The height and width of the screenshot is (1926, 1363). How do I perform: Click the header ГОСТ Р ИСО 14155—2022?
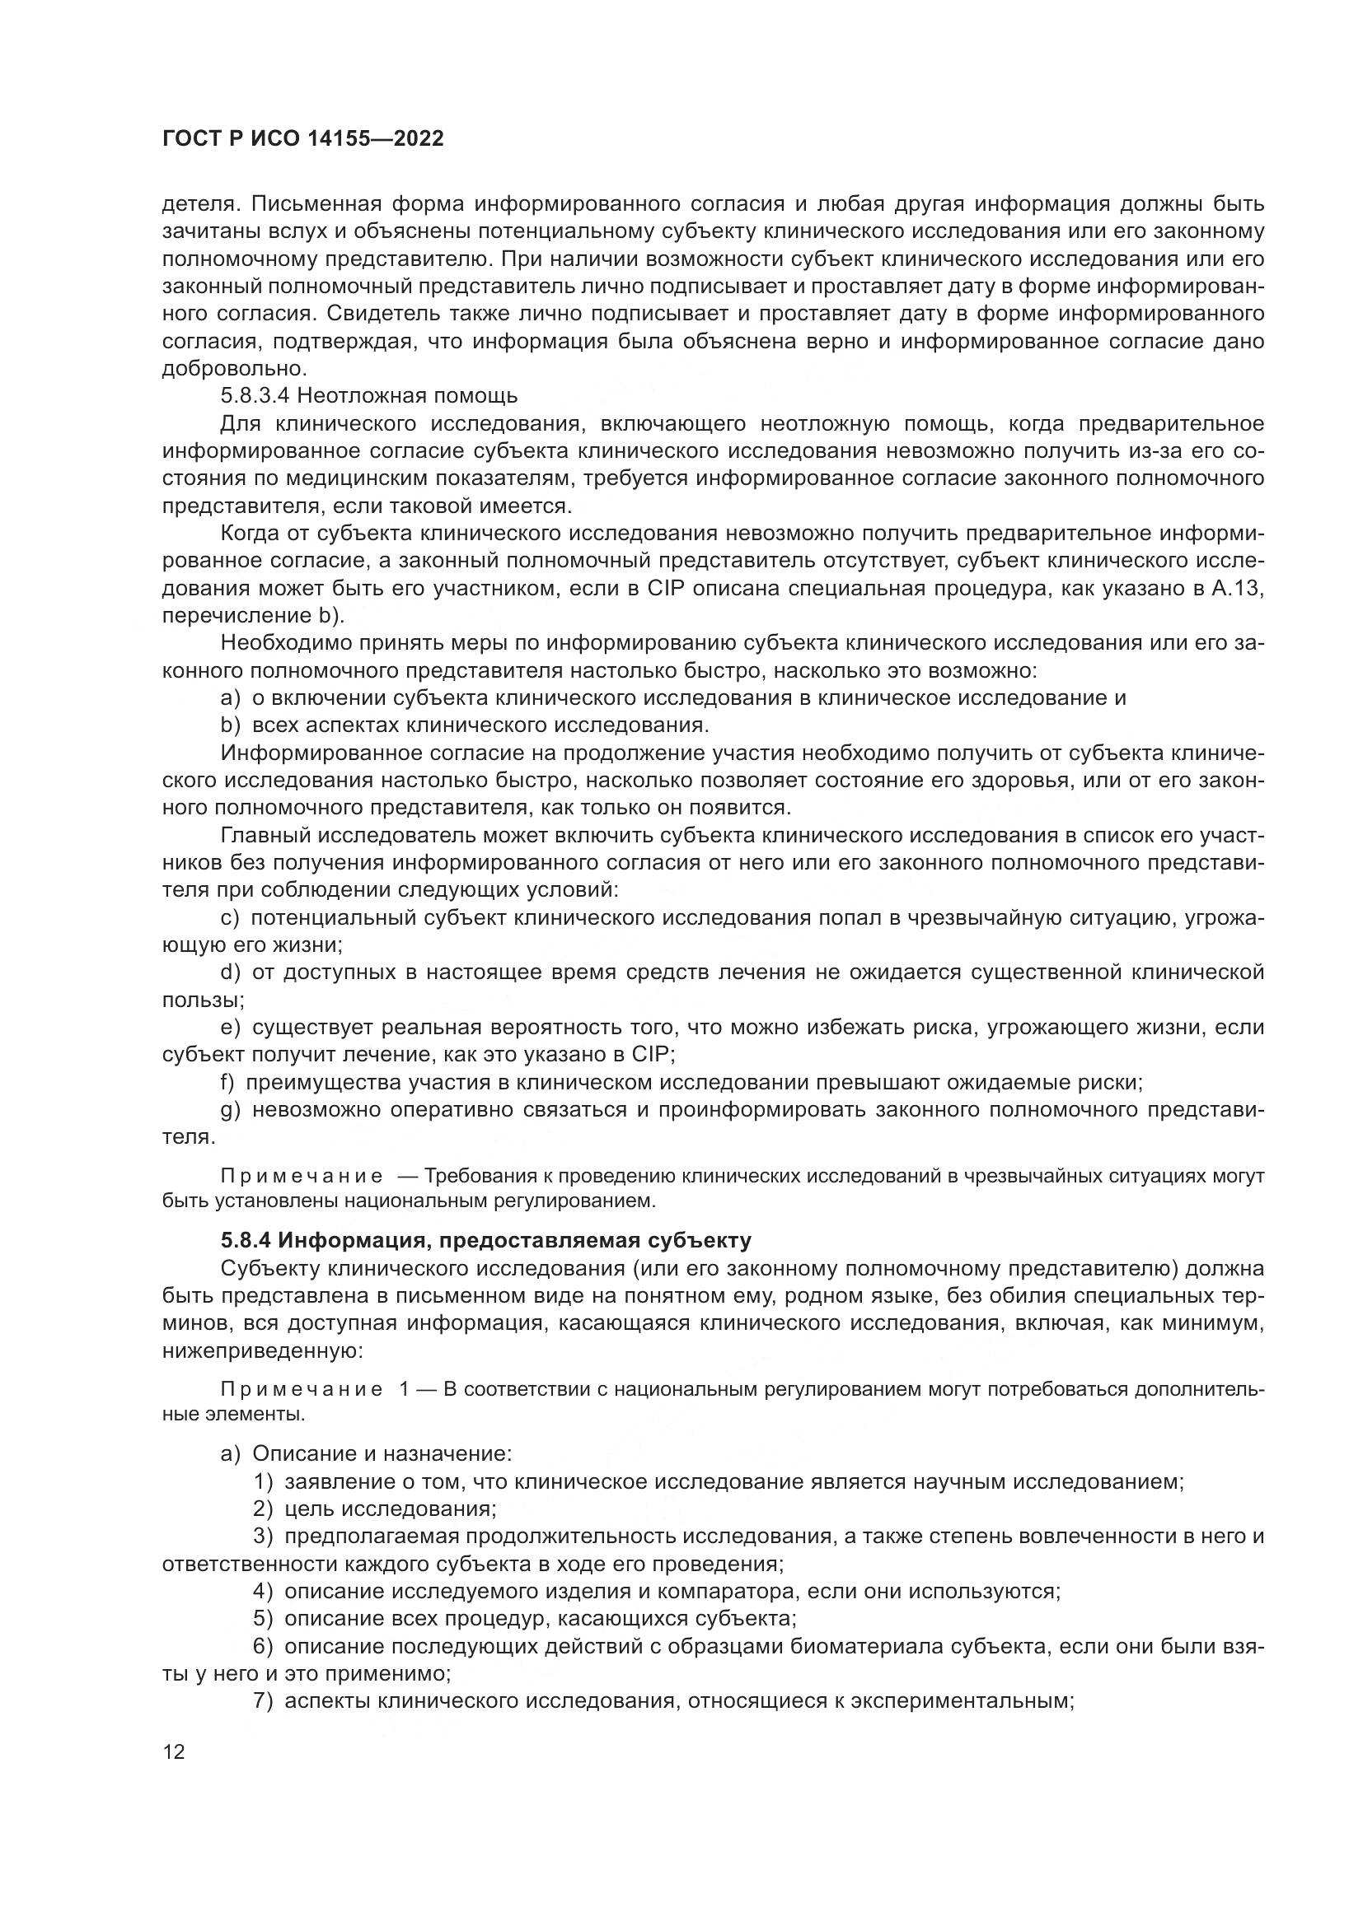(302, 139)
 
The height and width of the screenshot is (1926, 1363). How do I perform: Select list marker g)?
(231, 1110)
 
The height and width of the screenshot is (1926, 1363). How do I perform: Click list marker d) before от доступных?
(231, 972)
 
